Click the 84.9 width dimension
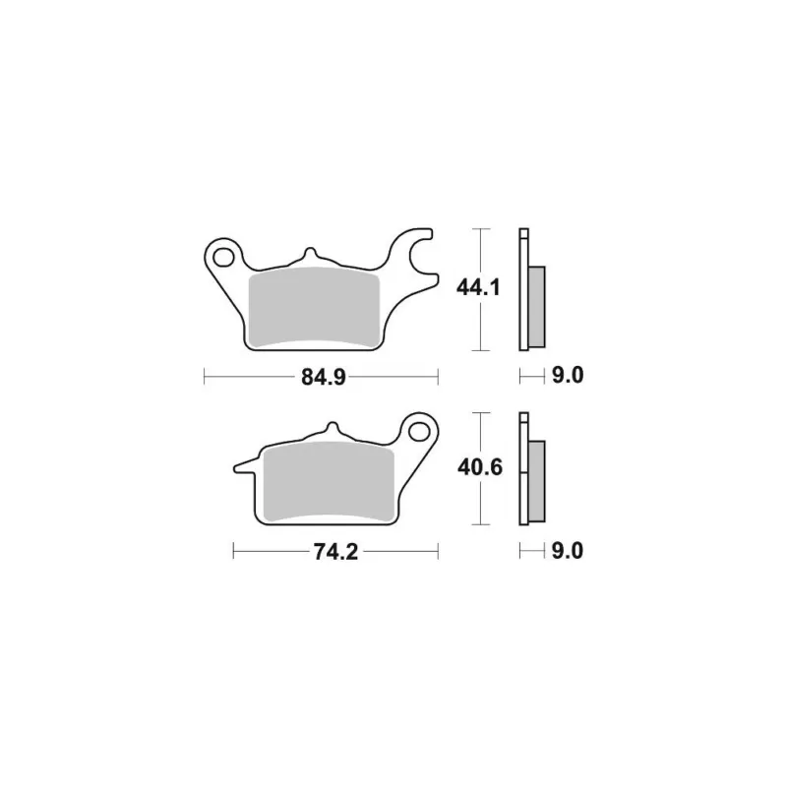click(324, 377)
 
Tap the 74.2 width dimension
click(335, 552)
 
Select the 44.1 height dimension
click(478, 288)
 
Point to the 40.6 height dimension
click(479, 468)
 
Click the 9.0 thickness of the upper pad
click(568, 376)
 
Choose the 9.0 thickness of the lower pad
click(568, 551)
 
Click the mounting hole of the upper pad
click(223, 258)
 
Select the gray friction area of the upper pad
click(314, 306)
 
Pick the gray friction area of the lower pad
click(329, 481)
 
